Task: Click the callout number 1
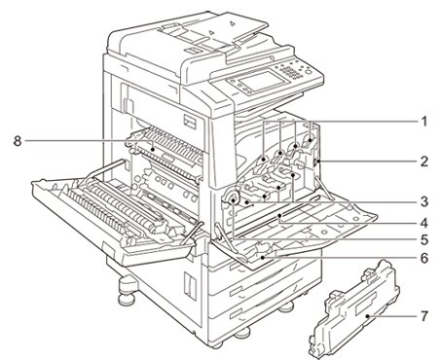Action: coord(423,122)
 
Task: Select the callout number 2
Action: coord(423,162)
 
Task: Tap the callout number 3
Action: coord(423,201)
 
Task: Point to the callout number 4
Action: coord(423,223)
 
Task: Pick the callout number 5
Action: coord(423,240)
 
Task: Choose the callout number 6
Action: coord(423,258)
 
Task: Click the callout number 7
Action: coord(423,315)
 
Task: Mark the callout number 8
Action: coord(18,141)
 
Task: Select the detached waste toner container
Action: coord(353,308)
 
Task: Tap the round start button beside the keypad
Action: coord(309,72)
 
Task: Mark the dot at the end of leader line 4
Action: coord(279,215)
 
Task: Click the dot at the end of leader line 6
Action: coord(262,258)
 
